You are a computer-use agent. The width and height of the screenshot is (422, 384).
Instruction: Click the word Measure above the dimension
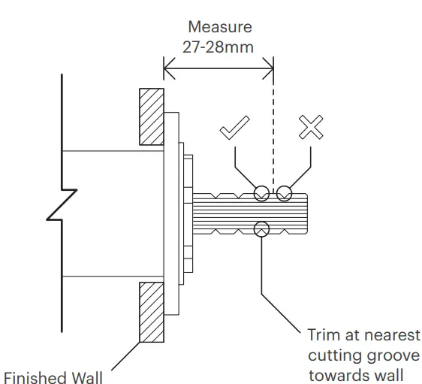coord(220,27)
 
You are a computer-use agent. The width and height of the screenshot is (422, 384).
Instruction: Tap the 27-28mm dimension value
coord(218,47)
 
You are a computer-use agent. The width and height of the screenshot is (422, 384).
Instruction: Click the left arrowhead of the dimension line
coord(169,68)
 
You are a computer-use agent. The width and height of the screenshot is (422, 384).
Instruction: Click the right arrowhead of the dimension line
coord(268,68)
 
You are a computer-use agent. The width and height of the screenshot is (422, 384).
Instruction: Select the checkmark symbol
coord(235,128)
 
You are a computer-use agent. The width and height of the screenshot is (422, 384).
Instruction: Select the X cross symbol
coord(311,127)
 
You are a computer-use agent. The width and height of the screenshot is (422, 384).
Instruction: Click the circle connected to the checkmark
coord(261,186)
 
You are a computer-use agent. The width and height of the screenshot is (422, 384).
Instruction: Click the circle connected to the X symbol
coord(284,186)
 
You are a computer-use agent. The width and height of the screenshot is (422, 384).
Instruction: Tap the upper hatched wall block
coord(152,117)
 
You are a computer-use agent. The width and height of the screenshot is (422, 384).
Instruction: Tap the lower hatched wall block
coord(152,312)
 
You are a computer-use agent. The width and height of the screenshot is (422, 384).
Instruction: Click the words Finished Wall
coord(53,377)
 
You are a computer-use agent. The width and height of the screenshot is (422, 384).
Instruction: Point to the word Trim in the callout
coord(324,335)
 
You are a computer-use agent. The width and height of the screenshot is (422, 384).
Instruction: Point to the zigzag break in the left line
coord(62,204)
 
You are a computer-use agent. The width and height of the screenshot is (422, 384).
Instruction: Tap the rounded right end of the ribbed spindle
coord(307,213)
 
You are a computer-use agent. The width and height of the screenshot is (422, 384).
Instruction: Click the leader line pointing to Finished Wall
coord(125,356)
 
